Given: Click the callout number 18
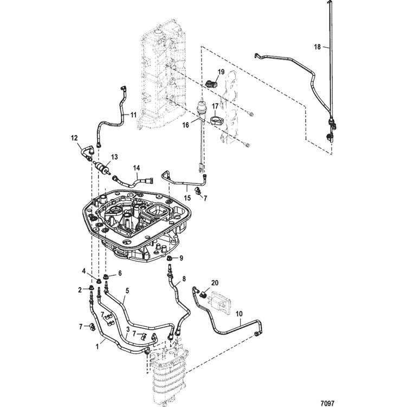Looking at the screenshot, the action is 317,47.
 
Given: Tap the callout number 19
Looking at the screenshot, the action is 221,72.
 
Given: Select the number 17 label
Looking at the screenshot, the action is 216,106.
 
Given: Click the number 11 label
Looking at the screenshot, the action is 133,115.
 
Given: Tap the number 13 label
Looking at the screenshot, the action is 114,157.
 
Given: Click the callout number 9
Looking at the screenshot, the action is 181,258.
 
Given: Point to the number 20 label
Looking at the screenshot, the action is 215,283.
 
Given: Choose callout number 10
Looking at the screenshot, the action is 239,314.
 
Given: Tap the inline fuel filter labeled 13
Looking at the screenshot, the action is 102,167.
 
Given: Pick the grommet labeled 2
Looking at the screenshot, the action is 92,288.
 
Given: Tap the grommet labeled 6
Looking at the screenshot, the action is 106,277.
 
